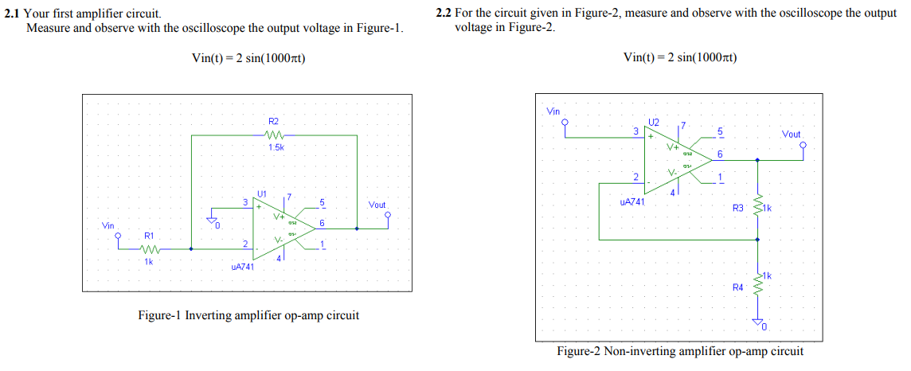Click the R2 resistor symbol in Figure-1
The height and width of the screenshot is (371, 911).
(x=273, y=135)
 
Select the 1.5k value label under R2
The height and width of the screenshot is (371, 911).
(x=276, y=147)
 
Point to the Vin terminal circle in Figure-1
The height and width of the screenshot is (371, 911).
(x=119, y=236)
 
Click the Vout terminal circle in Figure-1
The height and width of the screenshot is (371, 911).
(x=388, y=214)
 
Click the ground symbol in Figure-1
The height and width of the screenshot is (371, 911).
(x=213, y=220)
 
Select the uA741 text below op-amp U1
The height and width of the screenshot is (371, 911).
(x=242, y=268)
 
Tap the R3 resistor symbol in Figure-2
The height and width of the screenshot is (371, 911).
(x=757, y=208)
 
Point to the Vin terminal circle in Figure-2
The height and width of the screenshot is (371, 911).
(x=565, y=123)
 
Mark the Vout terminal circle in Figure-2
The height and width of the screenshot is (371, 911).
(x=803, y=145)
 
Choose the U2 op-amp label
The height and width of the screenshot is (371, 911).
(x=654, y=123)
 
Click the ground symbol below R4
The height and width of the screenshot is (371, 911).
(x=757, y=322)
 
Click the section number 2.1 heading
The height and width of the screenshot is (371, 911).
(x=13, y=14)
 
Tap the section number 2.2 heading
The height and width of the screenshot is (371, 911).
(x=444, y=14)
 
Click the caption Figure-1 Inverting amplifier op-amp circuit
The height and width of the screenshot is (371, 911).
(x=248, y=315)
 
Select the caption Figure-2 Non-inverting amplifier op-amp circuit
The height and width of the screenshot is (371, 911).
(x=680, y=351)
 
